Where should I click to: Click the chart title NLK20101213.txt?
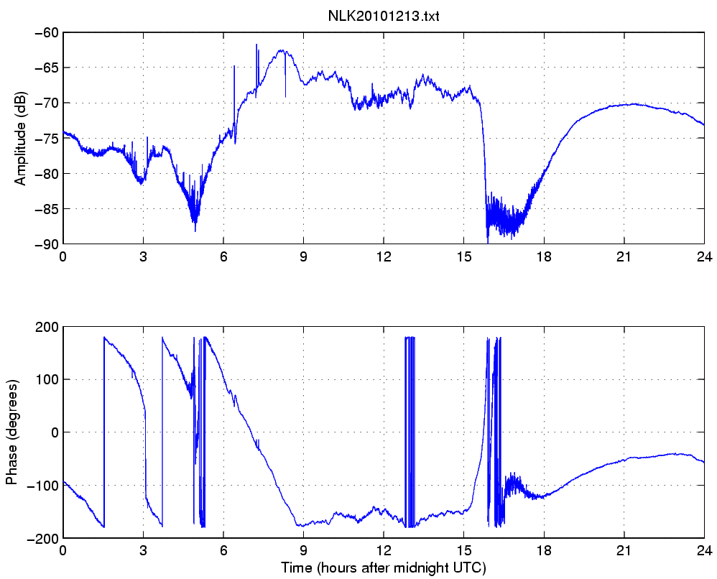(383, 17)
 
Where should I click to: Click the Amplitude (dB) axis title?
(20, 139)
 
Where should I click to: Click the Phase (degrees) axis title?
(11, 432)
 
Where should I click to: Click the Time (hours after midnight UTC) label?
(383, 568)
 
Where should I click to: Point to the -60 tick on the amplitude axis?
(49, 33)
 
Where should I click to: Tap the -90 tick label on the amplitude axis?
(49, 244)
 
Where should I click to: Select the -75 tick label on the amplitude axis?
(49, 139)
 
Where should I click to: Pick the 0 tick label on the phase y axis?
(55, 432)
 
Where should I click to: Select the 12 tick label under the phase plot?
(384, 552)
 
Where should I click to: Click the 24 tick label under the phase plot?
(703, 552)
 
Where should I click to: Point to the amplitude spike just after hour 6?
(234, 67)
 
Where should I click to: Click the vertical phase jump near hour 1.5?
(104, 431)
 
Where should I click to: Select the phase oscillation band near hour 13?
(410, 431)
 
